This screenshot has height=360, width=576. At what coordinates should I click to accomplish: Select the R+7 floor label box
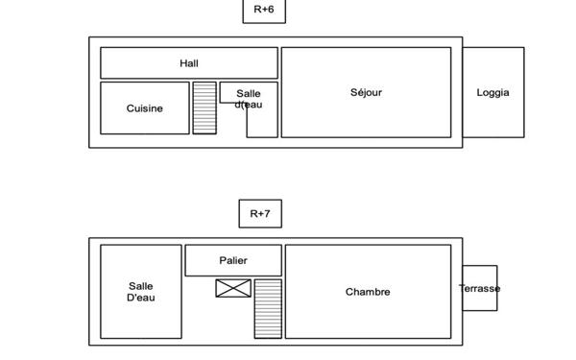tap(260, 214)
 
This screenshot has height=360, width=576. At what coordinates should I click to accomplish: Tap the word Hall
tap(189, 63)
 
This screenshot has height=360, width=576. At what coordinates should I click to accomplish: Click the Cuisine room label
tap(145, 108)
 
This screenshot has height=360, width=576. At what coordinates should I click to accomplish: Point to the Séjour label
tap(367, 92)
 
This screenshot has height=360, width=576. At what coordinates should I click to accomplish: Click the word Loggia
tap(493, 92)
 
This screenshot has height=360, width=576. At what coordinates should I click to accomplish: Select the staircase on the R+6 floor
tap(204, 108)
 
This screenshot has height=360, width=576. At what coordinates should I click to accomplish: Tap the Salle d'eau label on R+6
tap(249, 99)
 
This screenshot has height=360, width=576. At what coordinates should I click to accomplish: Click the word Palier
tap(233, 260)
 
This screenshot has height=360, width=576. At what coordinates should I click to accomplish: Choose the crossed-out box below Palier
tap(233, 288)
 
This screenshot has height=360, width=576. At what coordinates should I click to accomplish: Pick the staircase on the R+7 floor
tap(268, 308)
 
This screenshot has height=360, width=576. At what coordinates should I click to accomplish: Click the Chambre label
tap(368, 292)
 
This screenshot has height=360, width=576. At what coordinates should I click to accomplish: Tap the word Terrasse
tap(479, 288)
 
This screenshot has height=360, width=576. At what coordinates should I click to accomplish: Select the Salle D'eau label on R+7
tap(141, 292)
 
